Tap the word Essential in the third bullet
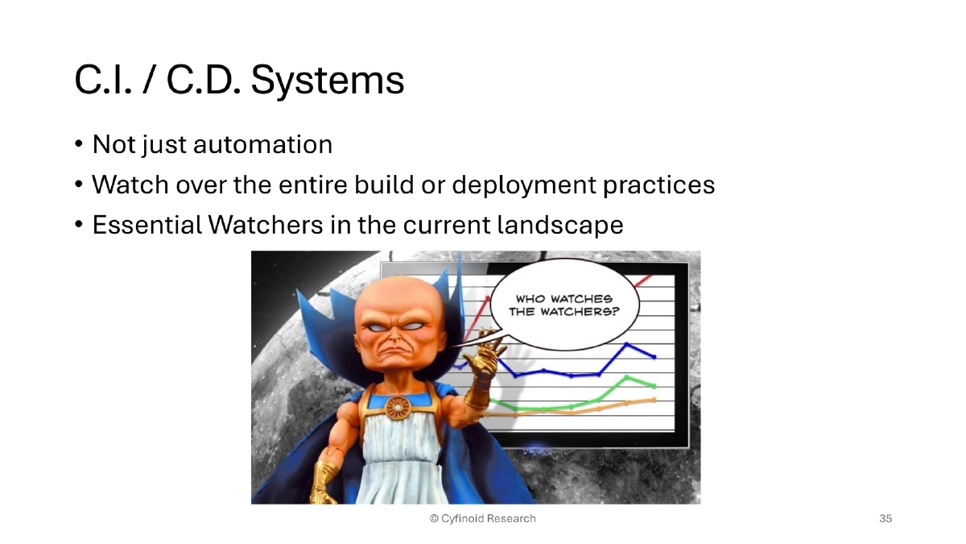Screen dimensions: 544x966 [147, 226]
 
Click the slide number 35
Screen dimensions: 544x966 [885, 518]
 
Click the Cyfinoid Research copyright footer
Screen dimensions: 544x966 [482, 518]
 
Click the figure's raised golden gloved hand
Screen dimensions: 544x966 [489, 360]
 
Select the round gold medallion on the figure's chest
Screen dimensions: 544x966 [397, 408]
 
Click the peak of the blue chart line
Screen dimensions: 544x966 [628, 345]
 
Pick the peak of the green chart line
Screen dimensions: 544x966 [628, 377]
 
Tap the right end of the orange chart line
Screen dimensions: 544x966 [654, 399]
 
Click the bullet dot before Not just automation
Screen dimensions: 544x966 [79, 145]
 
